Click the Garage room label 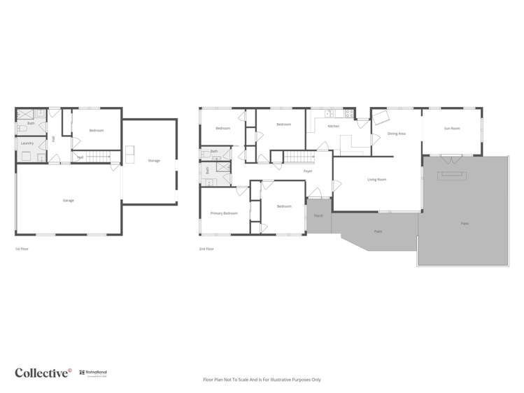pyautogui.click(x=68, y=201)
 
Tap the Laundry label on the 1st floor pyautogui.click(x=27, y=143)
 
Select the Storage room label pyautogui.click(x=154, y=161)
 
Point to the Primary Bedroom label pyautogui.click(x=224, y=213)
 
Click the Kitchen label pyautogui.click(x=333, y=126)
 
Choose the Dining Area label pyautogui.click(x=397, y=133)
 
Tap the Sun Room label pyautogui.click(x=452, y=128)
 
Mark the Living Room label pyautogui.click(x=377, y=180)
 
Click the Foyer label pyautogui.click(x=307, y=171)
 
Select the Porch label pyautogui.click(x=318, y=215)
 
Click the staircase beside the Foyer pyautogui.click(x=294, y=157)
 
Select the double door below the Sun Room pyautogui.click(x=452, y=155)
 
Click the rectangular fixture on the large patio pyautogui.click(x=452, y=175)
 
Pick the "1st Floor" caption pyautogui.click(x=22, y=249)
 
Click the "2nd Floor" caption pyautogui.click(x=206, y=249)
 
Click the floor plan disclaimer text pyautogui.click(x=262, y=379)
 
